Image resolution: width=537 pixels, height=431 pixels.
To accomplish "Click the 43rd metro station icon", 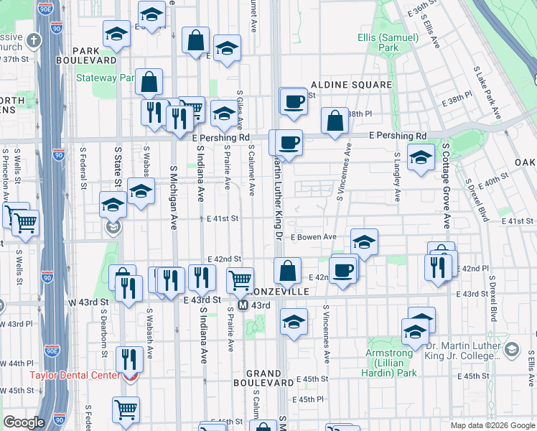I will [243, 305].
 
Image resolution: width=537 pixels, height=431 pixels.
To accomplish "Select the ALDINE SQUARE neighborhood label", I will [351, 85].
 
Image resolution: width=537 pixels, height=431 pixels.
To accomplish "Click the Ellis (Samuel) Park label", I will [378, 42].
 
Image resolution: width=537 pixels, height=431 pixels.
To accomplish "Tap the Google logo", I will [24, 423].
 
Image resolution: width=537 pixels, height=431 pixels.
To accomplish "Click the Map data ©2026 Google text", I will [492, 425].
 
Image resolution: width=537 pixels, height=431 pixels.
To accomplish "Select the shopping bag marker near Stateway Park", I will [149, 83].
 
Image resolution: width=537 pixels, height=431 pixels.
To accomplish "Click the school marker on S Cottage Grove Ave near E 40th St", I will [421, 157].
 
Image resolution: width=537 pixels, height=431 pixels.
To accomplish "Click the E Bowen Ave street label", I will [314, 236].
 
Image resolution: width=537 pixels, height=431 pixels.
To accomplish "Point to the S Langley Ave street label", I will [396, 177].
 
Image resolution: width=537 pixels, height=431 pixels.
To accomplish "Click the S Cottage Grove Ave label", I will [445, 185].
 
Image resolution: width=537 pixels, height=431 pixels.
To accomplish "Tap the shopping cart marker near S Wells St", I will [26, 223].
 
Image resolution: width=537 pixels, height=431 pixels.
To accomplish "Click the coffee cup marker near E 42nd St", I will [344, 270].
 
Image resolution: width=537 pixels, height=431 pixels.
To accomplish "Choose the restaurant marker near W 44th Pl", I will [130, 358].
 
